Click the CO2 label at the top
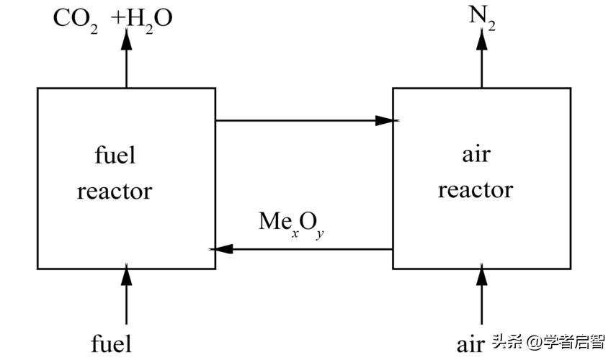click(75, 17)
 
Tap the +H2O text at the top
click(143, 17)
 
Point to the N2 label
click(482, 16)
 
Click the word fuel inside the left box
click(115, 155)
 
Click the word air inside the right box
click(476, 154)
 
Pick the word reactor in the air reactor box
click(476, 190)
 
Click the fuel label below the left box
click(112, 343)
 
